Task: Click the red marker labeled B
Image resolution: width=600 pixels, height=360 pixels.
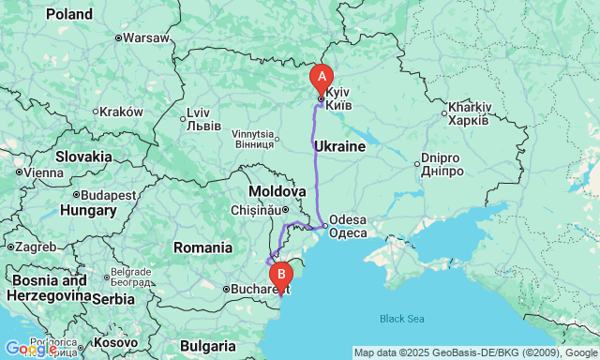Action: pos(280,275)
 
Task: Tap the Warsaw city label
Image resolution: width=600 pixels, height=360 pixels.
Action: pos(145,38)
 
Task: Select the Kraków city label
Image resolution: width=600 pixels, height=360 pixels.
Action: pos(122,111)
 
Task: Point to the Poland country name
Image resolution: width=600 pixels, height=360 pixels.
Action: pos(69,14)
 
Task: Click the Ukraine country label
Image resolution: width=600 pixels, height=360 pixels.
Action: pos(339,147)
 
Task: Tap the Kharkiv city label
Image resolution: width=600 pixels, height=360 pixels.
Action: pos(469,113)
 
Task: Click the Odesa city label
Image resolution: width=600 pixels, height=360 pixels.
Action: pos(349,226)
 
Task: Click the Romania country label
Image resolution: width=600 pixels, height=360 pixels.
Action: pos(202,247)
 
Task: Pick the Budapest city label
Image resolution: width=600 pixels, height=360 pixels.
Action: pos(109,195)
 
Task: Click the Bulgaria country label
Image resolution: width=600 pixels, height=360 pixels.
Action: pos(209,344)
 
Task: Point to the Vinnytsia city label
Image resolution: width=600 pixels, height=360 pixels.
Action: pos(254,139)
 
